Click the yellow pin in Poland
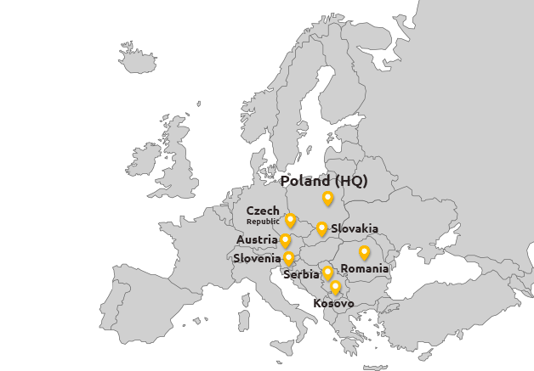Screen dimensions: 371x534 pyautogui.click(x=328, y=199)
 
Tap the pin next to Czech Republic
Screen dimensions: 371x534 pyautogui.click(x=290, y=221)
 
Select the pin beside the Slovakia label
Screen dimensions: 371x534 pyautogui.click(x=321, y=228)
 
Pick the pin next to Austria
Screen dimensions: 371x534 pyautogui.click(x=286, y=241)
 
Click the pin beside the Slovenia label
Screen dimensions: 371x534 pyautogui.click(x=289, y=258)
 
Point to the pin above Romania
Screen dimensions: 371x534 pyautogui.click(x=364, y=252)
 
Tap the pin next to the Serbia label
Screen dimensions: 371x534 pyautogui.click(x=328, y=273)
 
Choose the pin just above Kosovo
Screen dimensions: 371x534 pyautogui.click(x=336, y=287)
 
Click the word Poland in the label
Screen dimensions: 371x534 pyautogui.click(x=304, y=181)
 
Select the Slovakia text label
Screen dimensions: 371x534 pyautogui.click(x=355, y=228)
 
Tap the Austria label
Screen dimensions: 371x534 pyautogui.click(x=257, y=240)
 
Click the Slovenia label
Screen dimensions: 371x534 pyautogui.click(x=257, y=258)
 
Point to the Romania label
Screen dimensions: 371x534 pyautogui.click(x=365, y=268)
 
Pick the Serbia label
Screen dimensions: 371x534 pyautogui.click(x=302, y=274)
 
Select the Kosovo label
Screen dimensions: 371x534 pyautogui.click(x=333, y=303)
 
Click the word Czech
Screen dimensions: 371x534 pyautogui.click(x=262, y=211)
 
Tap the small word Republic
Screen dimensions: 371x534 pyautogui.click(x=263, y=222)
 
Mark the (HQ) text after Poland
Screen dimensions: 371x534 pyautogui.click(x=350, y=181)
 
